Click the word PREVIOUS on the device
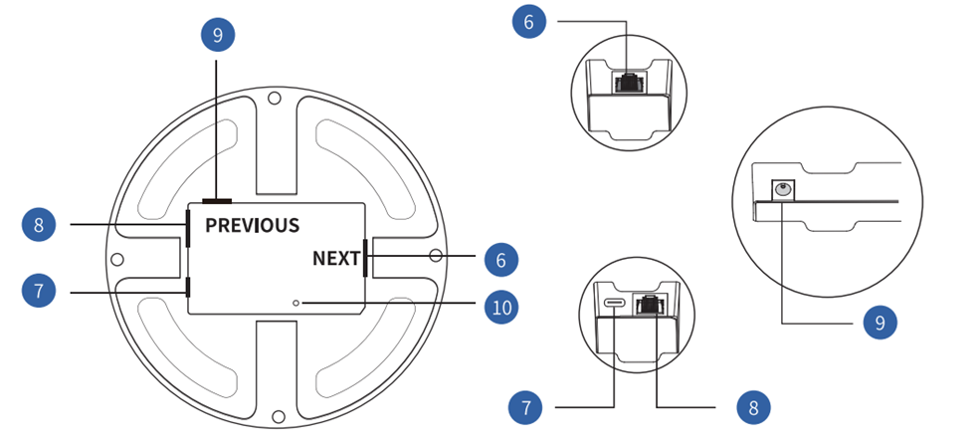[252, 225]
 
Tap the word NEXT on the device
[336, 259]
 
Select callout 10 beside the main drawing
[501, 308]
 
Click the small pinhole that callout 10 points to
[295, 302]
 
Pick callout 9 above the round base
[217, 36]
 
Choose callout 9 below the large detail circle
[880, 323]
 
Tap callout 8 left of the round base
[39, 225]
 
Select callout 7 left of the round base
[39, 292]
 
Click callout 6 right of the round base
[501, 260]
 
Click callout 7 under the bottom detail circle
[525, 406]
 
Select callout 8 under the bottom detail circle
[753, 406]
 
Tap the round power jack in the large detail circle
[783, 188]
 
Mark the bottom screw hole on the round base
[279, 415]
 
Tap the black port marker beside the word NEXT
[365, 258]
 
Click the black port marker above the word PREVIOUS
[216, 201]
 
